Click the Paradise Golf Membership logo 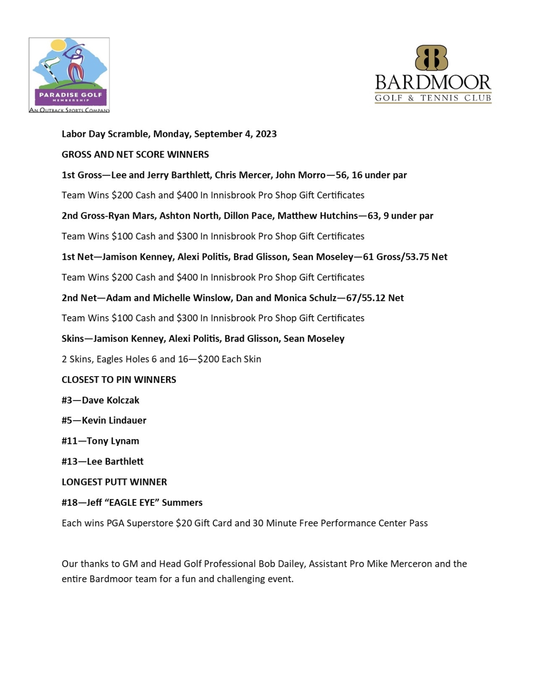69,75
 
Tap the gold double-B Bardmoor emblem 431,58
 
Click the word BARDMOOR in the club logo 433,83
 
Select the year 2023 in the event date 266,134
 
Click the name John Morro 300,175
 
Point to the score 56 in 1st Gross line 342,175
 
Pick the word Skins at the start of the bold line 73,339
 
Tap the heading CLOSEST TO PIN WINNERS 119,380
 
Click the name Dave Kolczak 110,400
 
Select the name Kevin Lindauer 114,420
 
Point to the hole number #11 69,441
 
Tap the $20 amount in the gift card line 183,523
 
